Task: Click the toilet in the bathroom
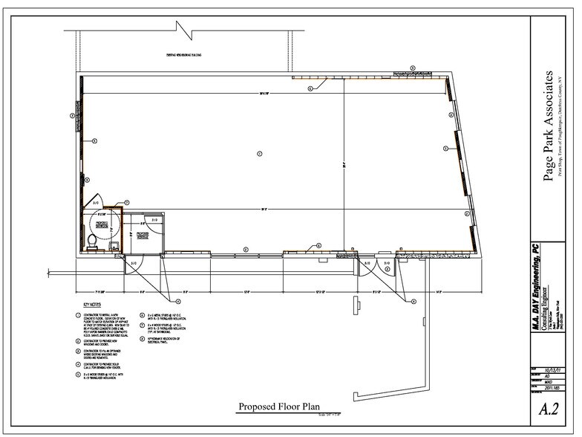(x=91, y=241)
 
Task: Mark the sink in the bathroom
(x=112, y=244)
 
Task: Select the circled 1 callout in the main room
(x=259, y=154)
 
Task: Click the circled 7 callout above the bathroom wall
(x=127, y=202)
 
